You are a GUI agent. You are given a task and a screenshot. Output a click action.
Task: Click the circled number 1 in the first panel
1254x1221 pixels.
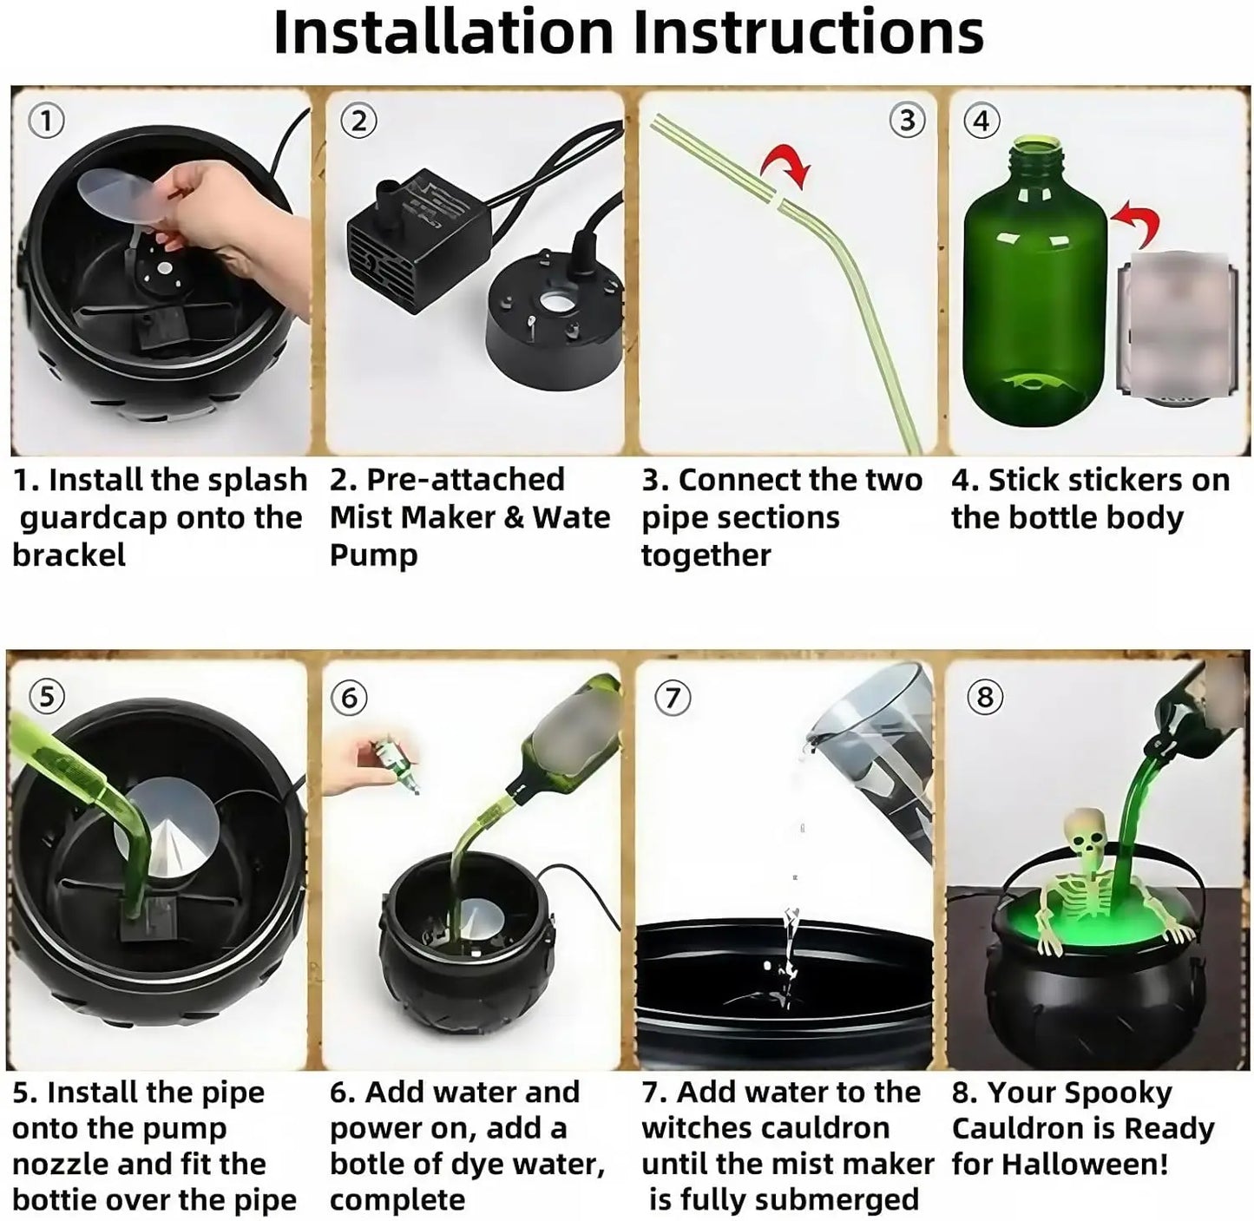(x=47, y=121)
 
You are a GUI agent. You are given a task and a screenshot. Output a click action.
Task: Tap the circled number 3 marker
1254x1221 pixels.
(x=907, y=120)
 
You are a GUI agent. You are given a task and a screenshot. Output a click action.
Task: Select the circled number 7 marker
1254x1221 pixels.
(x=673, y=697)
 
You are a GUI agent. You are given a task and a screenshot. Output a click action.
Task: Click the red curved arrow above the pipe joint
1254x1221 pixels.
(x=786, y=167)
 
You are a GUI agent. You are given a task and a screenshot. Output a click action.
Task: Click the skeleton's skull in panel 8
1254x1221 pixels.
(x=1086, y=832)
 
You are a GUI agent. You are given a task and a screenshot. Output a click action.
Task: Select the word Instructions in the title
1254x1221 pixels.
(x=809, y=33)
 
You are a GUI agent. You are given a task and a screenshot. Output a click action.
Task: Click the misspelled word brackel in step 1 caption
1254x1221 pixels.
(x=69, y=555)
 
